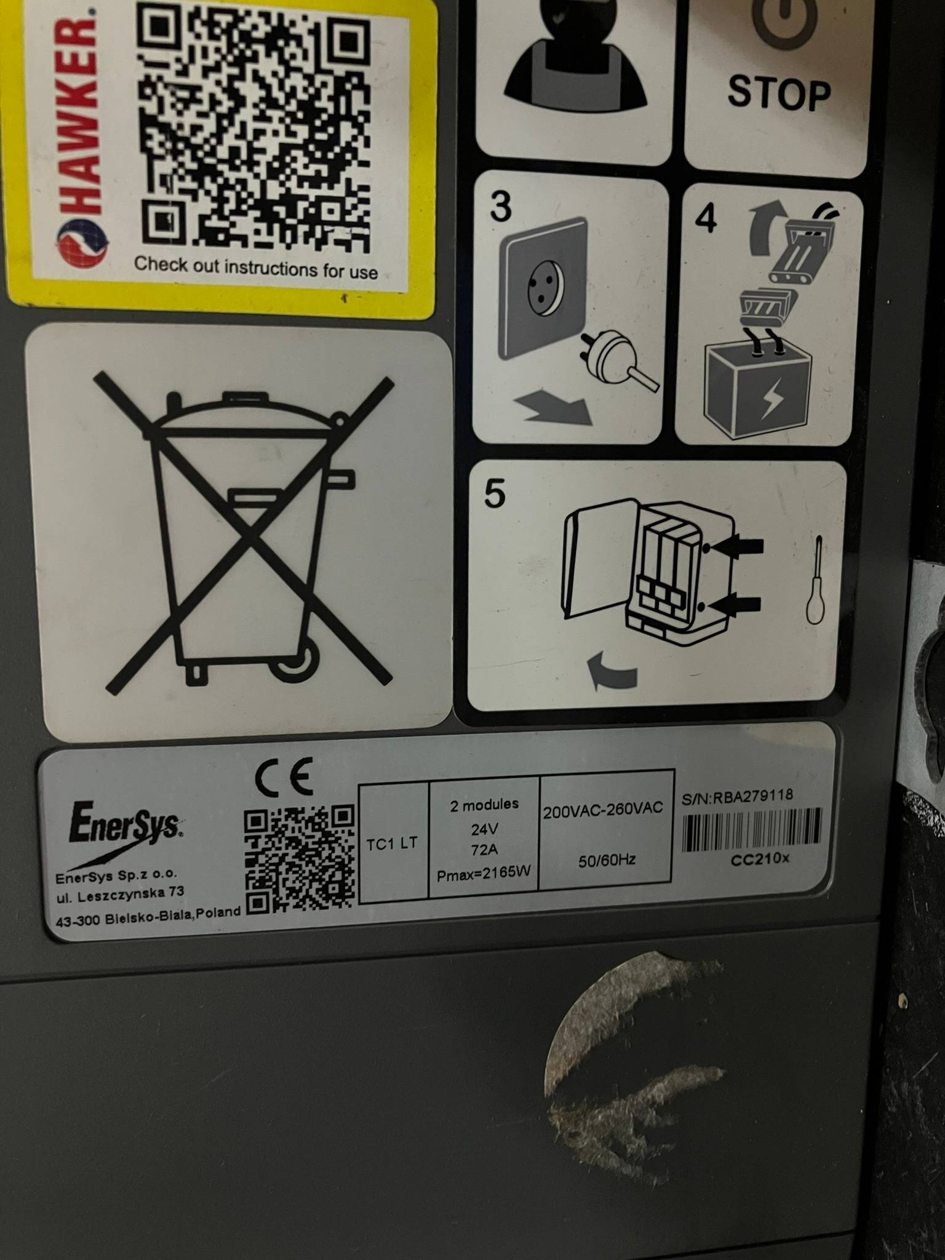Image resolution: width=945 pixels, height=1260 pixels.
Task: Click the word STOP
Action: pyautogui.click(x=779, y=94)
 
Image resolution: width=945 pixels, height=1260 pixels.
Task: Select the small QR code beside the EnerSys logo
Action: pyautogui.click(x=300, y=859)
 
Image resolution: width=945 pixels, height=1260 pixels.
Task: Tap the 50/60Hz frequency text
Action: pyautogui.click(x=607, y=860)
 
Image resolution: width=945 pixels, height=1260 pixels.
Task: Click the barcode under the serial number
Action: pyautogui.click(x=751, y=831)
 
